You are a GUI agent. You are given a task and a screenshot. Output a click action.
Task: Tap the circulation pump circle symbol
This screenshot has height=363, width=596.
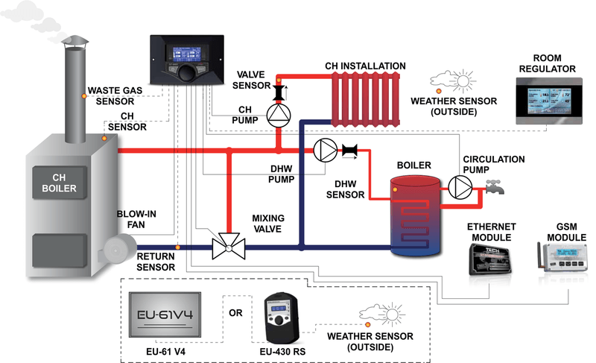[x=459, y=189]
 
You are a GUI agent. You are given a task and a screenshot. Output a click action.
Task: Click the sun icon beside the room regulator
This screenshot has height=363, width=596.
[x=462, y=81]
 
